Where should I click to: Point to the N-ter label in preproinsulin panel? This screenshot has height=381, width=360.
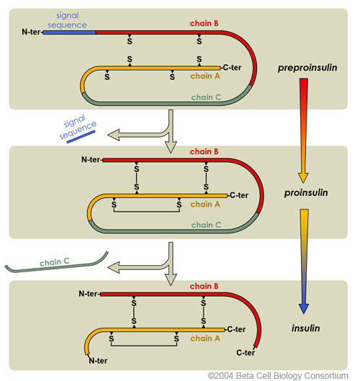point(31,33)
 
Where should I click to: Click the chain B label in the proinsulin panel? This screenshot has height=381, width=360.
point(201,151)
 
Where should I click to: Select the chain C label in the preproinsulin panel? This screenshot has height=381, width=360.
point(207,97)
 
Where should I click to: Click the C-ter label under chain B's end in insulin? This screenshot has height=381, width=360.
point(246,352)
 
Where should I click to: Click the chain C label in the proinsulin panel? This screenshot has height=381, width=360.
point(207,225)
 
